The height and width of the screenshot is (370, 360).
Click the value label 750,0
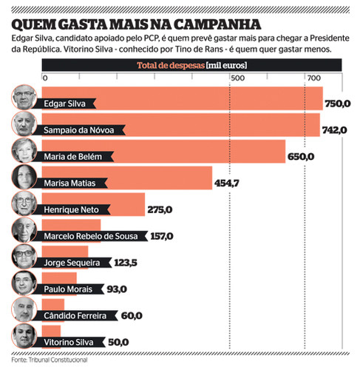(x=338, y=104)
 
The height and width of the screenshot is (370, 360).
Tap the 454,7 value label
(x=227, y=184)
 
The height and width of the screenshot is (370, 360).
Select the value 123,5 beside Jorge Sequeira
(x=126, y=263)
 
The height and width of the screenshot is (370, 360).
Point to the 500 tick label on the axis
(x=237, y=78)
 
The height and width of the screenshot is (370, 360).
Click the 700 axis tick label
(x=313, y=78)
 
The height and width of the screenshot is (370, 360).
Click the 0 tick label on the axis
(x=45, y=78)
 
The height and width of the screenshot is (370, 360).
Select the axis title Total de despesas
(x=171, y=65)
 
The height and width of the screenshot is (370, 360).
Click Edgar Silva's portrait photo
(x=24, y=97)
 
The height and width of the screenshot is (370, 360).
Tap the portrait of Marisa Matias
(x=24, y=177)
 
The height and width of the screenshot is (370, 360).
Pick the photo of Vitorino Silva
(x=24, y=336)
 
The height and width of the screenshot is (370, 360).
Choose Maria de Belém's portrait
(x=24, y=150)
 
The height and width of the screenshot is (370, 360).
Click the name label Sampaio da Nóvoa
(x=79, y=130)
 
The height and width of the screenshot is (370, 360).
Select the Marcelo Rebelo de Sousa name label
(x=91, y=236)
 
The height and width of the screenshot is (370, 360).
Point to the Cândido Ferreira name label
(x=75, y=316)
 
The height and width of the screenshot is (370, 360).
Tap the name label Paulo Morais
(x=68, y=289)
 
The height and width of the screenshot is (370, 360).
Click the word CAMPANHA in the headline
(x=217, y=24)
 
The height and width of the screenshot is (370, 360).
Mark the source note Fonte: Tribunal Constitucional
(x=50, y=360)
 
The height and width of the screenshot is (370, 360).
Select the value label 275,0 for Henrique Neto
(x=160, y=210)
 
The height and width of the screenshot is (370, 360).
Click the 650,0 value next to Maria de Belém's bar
(x=301, y=157)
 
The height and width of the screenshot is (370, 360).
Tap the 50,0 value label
(x=118, y=342)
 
